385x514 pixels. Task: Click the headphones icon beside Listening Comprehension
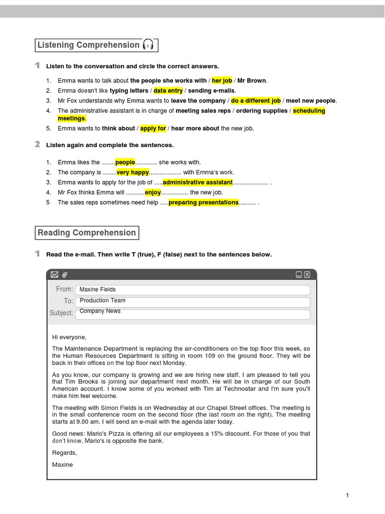click(148, 45)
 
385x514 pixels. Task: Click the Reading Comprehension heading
click(87, 233)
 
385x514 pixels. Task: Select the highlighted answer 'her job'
click(222, 80)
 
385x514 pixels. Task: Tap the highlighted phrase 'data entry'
click(168, 90)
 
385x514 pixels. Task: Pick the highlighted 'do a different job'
click(256, 100)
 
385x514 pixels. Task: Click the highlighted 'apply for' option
click(153, 128)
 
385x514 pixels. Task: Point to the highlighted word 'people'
click(125, 162)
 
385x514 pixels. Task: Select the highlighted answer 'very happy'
click(133, 172)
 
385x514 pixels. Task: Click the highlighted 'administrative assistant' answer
click(198, 182)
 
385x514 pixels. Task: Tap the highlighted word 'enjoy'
click(153, 192)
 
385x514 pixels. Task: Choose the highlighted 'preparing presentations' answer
click(204, 202)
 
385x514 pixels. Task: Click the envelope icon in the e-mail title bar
click(55, 275)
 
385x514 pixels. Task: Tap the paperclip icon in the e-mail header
click(65, 275)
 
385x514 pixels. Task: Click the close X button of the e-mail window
click(307, 275)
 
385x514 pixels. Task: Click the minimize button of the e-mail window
click(299, 275)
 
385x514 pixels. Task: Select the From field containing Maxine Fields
click(193, 290)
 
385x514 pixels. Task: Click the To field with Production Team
click(193, 302)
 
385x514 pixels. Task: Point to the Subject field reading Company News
click(193, 314)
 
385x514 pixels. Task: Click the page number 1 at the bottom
click(347, 495)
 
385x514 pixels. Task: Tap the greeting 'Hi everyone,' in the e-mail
click(69, 337)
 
